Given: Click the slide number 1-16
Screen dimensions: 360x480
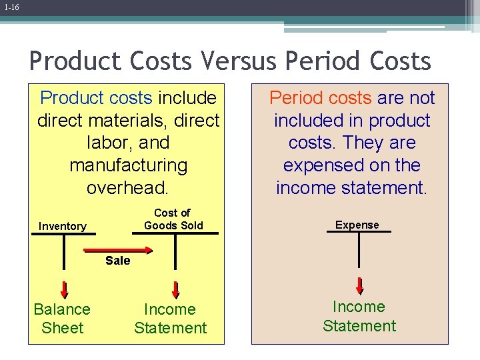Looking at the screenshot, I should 10,7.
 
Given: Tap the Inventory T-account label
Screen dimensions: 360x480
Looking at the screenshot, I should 62,227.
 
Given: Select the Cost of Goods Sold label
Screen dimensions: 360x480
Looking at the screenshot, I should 173,219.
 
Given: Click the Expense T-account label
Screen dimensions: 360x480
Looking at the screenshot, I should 357,225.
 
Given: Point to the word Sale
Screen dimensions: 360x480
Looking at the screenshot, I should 118,261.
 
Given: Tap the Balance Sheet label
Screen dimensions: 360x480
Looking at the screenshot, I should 62,319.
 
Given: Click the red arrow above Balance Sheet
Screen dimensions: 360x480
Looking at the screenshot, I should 65,289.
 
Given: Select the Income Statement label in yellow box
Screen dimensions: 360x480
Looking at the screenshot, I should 171,319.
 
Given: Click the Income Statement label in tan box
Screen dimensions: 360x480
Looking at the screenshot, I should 359,316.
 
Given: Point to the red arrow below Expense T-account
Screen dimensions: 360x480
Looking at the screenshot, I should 359,285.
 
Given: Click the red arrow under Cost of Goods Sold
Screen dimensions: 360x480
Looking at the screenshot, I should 176,289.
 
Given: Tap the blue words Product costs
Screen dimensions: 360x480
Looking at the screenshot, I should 97,98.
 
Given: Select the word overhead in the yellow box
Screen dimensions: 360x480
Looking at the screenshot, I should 128,187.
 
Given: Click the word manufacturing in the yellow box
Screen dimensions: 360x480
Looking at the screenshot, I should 128,165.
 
